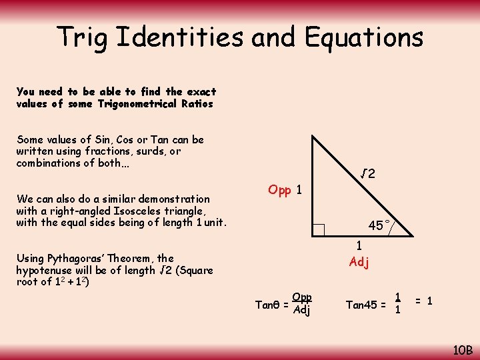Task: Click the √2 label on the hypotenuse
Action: point(368,175)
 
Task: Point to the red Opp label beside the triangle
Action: point(279,190)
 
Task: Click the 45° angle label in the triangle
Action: point(377,226)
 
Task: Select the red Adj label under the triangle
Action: point(359,262)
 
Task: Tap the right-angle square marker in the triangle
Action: point(318,230)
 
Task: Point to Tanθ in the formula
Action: point(268,305)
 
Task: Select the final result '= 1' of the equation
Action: point(424,301)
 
